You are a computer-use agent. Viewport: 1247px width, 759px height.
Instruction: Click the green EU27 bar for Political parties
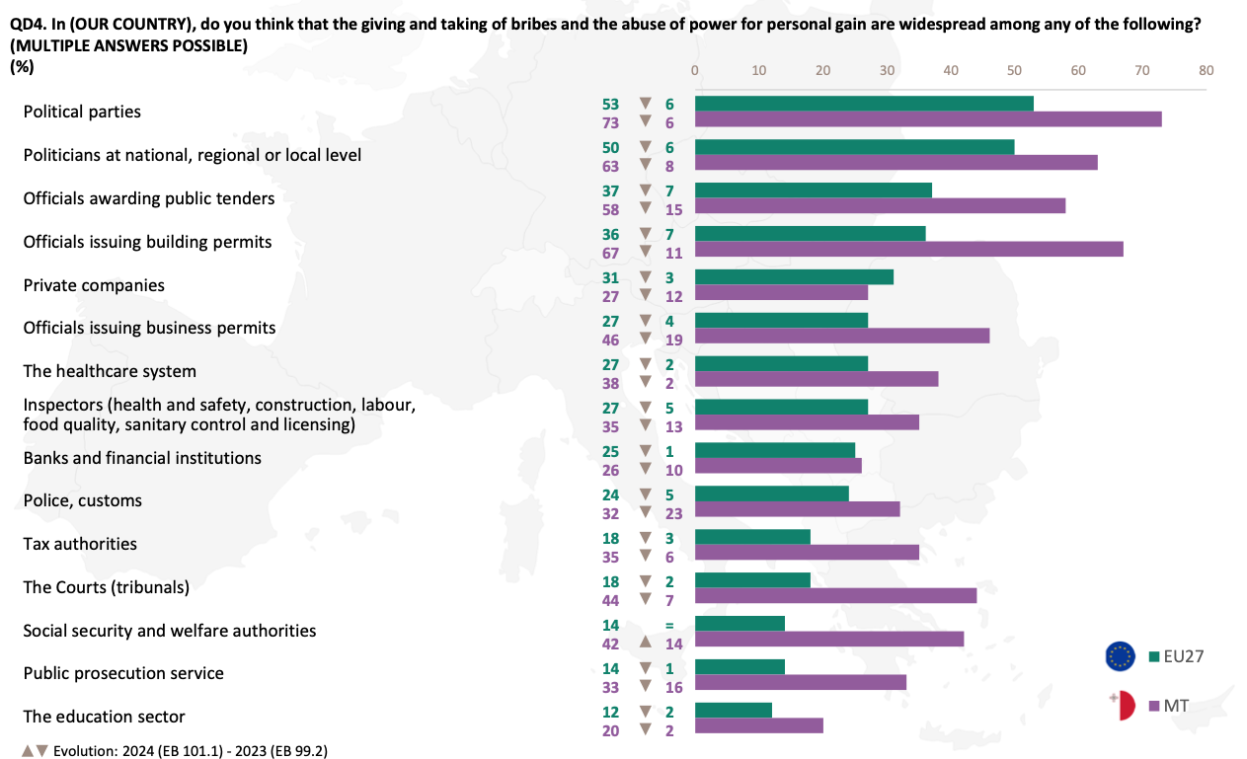click(x=864, y=104)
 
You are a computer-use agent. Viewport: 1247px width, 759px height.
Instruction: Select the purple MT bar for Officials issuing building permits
click(x=909, y=249)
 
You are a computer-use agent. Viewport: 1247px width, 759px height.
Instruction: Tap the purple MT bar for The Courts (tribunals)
click(x=835, y=596)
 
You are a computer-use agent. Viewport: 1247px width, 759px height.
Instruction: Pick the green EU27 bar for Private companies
click(x=794, y=277)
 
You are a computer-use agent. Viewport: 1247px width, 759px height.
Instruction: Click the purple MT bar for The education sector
click(x=759, y=726)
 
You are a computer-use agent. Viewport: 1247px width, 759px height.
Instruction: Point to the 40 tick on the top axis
click(x=951, y=71)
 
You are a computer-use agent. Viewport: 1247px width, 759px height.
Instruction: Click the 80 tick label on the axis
click(x=1207, y=71)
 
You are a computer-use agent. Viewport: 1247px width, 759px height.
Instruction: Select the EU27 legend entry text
click(x=1184, y=656)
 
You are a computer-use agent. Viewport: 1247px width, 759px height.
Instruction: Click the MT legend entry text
click(x=1176, y=706)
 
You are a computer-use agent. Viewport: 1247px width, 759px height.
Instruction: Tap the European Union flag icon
click(x=1120, y=656)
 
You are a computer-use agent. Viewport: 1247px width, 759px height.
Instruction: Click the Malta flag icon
click(x=1123, y=706)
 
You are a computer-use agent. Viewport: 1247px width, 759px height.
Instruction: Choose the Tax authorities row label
click(x=80, y=544)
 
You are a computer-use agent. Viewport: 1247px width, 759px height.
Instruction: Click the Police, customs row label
click(x=82, y=500)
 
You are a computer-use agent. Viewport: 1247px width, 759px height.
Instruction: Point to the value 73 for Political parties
click(x=611, y=123)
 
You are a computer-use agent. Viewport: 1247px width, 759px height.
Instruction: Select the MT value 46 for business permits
click(x=611, y=340)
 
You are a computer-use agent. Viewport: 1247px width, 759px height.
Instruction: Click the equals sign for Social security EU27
click(x=669, y=626)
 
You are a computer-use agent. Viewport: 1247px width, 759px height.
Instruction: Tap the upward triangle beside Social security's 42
click(x=645, y=642)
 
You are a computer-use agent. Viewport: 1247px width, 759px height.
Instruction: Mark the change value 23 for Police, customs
click(x=673, y=513)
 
